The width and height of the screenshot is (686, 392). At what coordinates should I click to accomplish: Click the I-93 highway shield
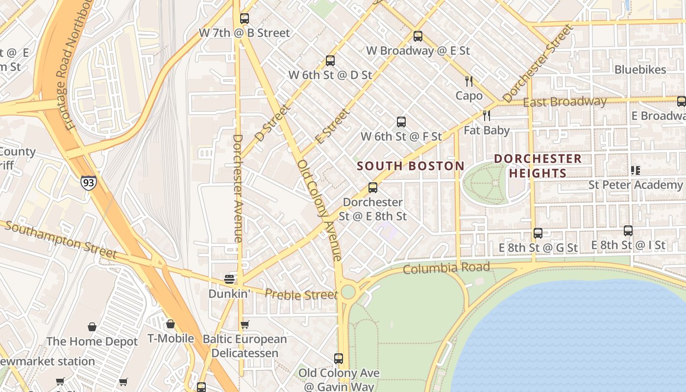pos(89,182)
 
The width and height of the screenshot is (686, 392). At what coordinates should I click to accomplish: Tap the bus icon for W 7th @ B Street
pos(245,19)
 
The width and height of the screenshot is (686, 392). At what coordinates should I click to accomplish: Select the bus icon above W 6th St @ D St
pos(330,61)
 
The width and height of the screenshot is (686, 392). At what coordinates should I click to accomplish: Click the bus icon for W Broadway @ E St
pos(417,36)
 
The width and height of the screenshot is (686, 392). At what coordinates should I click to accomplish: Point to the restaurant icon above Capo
pos(469,81)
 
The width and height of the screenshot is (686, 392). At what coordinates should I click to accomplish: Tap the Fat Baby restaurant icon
pos(487,116)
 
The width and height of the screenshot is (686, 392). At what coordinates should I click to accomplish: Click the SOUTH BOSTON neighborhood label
pos(410,166)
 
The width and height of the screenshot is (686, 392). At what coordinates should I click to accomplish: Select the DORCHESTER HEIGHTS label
pos(538,166)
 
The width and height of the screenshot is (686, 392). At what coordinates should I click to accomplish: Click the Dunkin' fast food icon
pos(229,279)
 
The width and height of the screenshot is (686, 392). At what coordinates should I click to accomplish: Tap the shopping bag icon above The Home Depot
pos(92,327)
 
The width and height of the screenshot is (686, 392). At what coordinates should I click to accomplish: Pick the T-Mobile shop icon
pos(170,324)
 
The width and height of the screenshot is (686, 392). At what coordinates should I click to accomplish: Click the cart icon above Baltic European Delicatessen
pos(245,324)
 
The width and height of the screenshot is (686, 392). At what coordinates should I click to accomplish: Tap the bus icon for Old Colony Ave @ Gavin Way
pos(339,358)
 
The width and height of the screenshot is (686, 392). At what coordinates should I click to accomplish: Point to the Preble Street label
pos(301,294)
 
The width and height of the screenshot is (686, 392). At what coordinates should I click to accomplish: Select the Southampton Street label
pos(61,240)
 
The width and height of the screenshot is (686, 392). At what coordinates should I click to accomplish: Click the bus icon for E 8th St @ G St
pos(538,233)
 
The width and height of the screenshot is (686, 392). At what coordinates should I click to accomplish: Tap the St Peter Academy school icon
pos(636,171)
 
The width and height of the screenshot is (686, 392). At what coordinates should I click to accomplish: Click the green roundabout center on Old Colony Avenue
pos(348,292)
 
